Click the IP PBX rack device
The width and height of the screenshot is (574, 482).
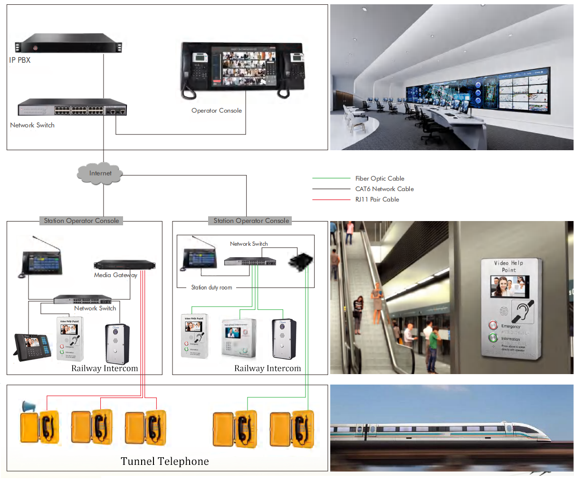point(68,43)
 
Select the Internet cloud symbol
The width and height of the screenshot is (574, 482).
point(100,174)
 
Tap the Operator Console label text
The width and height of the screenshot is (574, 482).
point(216,111)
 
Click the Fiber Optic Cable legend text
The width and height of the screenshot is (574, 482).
point(380,179)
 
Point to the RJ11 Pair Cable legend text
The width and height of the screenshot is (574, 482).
point(377,200)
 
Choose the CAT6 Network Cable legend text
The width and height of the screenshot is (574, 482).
point(384,189)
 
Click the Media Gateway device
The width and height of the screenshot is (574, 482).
point(124,265)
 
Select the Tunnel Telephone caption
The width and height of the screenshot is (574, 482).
point(164,462)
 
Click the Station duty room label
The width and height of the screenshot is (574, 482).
point(211,288)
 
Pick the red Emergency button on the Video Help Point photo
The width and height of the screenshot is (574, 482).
point(493,326)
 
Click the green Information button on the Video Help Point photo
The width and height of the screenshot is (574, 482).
point(493,338)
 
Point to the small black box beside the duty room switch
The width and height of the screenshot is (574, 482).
point(301,261)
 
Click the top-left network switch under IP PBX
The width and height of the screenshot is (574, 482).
point(72,108)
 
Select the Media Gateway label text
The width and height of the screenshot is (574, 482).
point(115,275)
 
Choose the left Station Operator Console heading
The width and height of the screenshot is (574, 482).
point(81,221)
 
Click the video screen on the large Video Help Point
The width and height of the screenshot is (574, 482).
point(509,286)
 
